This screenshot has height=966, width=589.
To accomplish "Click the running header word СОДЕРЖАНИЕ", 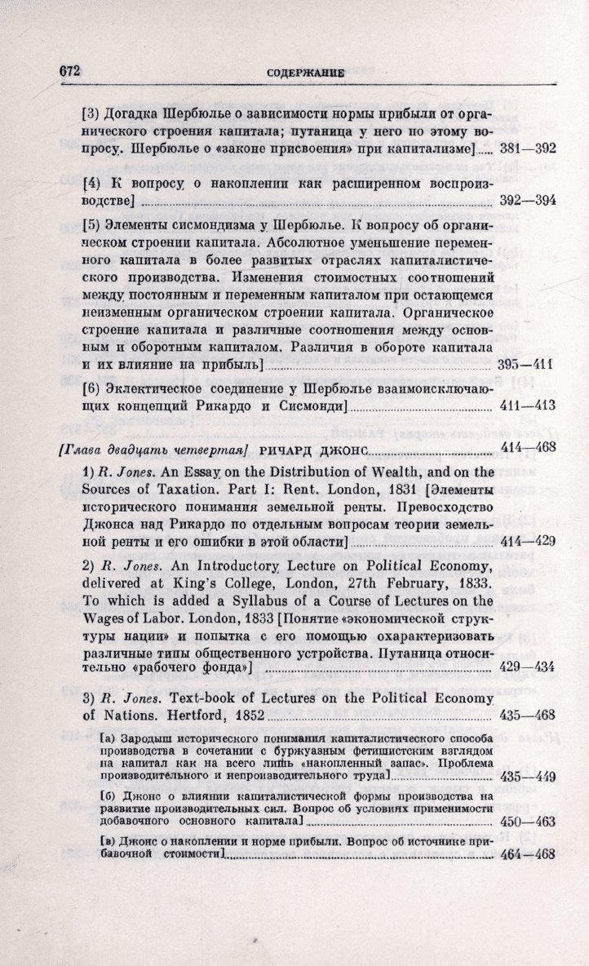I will click(x=305, y=73).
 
